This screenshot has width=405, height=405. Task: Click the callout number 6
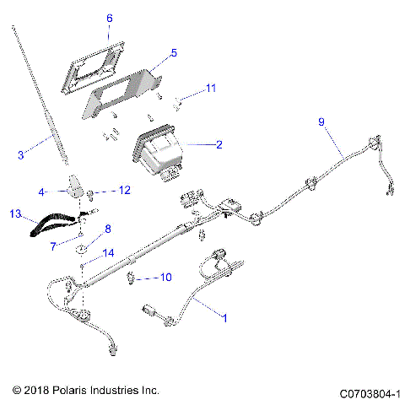[109, 18]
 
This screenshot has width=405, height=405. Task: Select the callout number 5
[173, 52]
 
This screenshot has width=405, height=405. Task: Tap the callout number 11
[212, 88]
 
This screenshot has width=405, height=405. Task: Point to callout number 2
[219, 145]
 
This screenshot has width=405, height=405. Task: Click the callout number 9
[321, 122]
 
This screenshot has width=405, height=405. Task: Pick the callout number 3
[21, 154]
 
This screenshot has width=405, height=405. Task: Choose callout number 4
[41, 192]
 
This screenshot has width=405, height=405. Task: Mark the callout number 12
[124, 191]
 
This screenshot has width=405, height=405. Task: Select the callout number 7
[52, 246]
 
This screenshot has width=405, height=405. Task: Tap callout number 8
[108, 229]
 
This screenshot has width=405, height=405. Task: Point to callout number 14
[107, 252]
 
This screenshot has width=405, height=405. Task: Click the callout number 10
[166, 277]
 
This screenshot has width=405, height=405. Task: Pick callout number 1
[224, 319]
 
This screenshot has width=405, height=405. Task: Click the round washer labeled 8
[83, 249]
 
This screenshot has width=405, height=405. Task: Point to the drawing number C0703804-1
[370, 393]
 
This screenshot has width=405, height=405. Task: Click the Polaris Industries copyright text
[86, 391]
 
